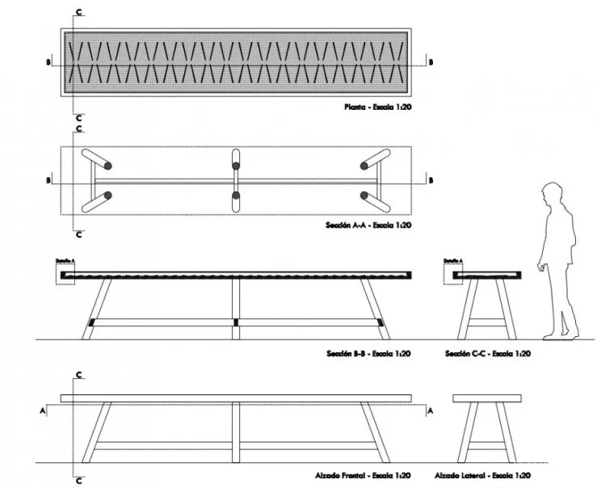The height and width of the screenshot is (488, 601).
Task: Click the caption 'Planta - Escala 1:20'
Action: click(377, 107)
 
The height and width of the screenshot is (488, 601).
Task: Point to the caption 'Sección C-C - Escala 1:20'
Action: click(487, 353)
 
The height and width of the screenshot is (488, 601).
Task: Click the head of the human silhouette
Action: click(553, 196)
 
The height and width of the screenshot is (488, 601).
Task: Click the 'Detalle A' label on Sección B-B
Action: click(65, 260)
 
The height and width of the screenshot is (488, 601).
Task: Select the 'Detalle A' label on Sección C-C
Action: click(453, 260)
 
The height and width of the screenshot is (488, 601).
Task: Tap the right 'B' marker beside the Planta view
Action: click(430, 61)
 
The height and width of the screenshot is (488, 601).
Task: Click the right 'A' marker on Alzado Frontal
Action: click(430, 410)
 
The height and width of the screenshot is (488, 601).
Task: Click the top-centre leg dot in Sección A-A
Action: click(236, 166)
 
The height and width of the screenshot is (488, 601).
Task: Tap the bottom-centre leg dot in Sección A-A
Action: click(236, 195)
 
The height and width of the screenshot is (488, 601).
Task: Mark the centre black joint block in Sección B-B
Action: click(236, 322)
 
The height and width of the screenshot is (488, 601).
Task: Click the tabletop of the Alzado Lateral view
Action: click(485, 398)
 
